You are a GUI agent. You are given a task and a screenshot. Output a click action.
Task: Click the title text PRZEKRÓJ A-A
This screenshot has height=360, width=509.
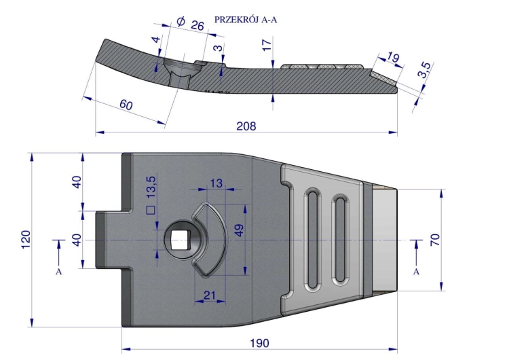(246, 20)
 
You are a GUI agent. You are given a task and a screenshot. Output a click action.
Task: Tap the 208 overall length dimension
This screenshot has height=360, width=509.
(246, 126)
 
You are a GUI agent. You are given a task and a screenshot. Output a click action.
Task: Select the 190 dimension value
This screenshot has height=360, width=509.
(260, 343)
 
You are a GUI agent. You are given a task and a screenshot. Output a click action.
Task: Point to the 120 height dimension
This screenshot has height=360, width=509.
(26, 240)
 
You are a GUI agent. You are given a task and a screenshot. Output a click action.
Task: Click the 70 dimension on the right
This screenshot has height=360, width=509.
(435, 240)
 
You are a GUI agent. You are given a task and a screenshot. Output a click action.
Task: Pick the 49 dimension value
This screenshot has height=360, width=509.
(239, 230)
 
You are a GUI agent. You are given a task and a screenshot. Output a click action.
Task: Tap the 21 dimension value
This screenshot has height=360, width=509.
(210, 295)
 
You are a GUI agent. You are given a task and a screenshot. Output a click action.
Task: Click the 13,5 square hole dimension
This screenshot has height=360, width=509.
(151, 194)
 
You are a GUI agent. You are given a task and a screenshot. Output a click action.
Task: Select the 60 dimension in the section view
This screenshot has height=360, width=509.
(126, 105)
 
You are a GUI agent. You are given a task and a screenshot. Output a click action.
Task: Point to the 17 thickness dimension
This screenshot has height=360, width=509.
(267, 45)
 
